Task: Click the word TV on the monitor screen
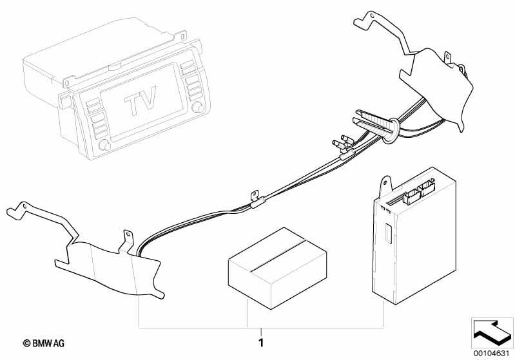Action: click(x=141, y=99)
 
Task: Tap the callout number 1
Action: click(x=261, y=343)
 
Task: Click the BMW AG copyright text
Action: click(x=44, y=344)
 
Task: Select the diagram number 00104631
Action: click(x=491, y=353)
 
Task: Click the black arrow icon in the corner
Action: click(x=492, y=332)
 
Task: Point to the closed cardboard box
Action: click(x=278, y=267)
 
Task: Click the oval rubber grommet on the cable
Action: click(x=391, y=131)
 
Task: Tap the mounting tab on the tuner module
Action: click(x=386, y=187)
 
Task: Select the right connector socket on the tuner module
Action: click(x=427, y=188)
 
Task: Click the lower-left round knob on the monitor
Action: click(x=105, y=145)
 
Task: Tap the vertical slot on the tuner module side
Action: click(x=387, y=233)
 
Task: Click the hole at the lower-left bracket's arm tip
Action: click(x=24, y=206)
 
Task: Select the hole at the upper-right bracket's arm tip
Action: click(x=371, y=15)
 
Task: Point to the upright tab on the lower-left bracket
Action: click(x=128, y=240)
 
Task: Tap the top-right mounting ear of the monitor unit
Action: click(x=181, y=35)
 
